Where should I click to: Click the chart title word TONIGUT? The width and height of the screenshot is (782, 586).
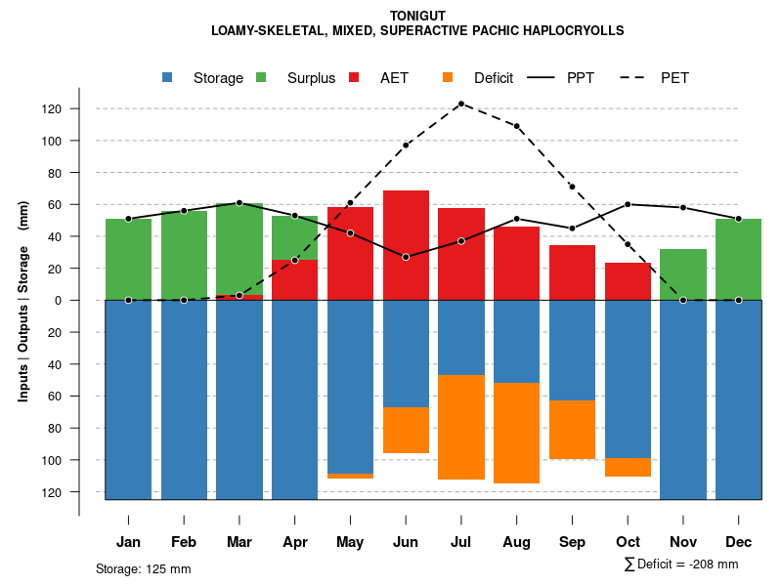click(417, 16)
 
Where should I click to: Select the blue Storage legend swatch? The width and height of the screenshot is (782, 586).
click(169, 78)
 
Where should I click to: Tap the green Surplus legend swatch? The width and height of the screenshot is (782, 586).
click(261, 78)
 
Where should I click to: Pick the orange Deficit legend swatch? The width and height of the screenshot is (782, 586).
click(448, 78)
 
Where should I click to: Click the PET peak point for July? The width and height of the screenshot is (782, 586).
click(460, 104)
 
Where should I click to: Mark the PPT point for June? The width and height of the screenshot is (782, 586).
click(406, 257)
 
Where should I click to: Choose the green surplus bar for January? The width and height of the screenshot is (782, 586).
click(128, 259)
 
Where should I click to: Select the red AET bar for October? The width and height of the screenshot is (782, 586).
click(628, 281)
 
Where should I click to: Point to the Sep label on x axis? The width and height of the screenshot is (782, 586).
click(572, 542)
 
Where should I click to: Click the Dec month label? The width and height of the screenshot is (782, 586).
click(738, 542)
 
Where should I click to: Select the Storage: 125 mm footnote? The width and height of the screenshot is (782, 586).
click(143, 568)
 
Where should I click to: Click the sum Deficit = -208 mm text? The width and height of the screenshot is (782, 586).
click(681, 565)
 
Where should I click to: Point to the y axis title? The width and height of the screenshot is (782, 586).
click(23, 301)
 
